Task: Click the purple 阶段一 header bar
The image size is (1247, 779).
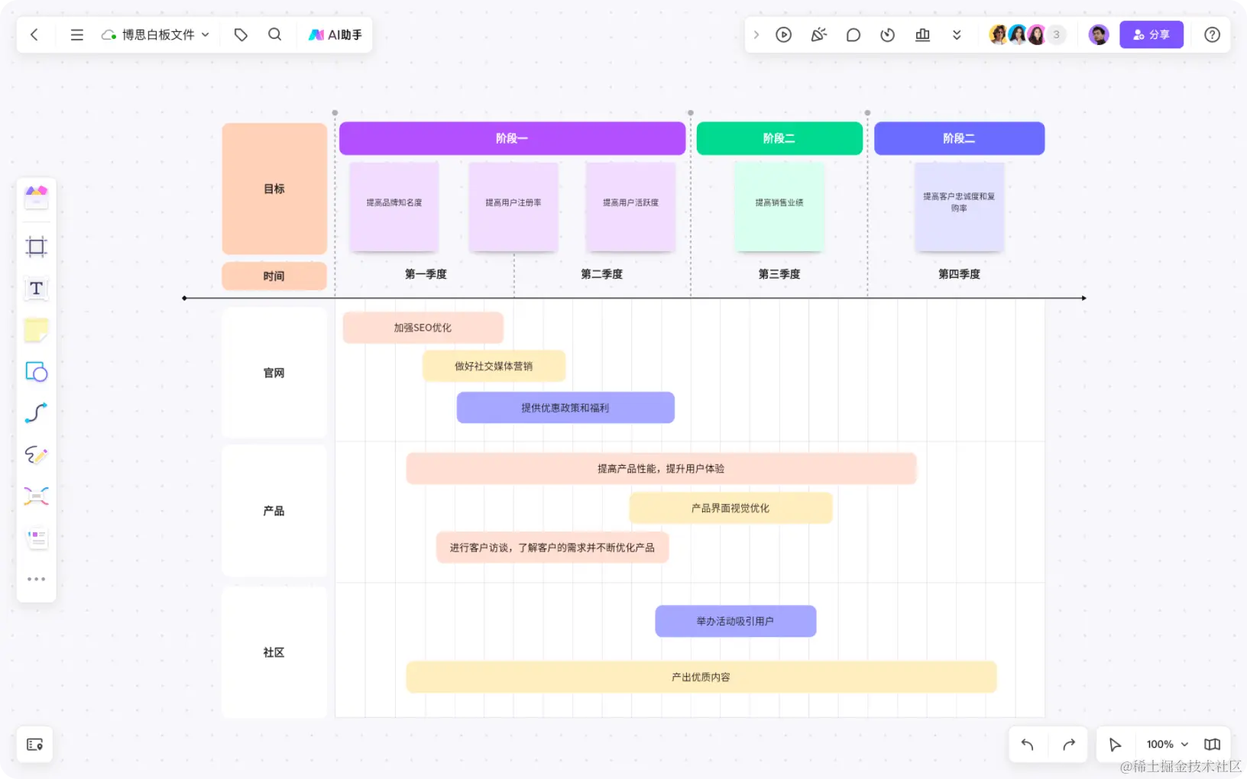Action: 512,138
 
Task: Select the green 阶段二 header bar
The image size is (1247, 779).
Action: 779,138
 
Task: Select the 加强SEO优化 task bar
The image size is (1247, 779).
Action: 423,328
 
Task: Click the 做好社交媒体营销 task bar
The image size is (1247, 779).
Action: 494,366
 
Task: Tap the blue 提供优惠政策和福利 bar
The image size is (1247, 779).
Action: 565,408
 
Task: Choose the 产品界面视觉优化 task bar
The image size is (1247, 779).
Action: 730,508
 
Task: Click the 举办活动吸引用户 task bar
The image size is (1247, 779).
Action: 735,621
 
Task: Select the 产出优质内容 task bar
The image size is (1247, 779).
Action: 701,677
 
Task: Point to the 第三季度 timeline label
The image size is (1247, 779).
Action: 779,274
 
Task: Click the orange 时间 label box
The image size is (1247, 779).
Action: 274,276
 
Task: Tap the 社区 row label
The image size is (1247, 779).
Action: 274,652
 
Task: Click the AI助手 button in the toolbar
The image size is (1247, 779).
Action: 335,35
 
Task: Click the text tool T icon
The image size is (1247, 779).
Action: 36,289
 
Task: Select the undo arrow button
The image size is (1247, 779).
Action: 1028,745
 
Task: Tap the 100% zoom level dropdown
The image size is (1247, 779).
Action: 1167,745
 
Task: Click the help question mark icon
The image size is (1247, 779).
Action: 1212,35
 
